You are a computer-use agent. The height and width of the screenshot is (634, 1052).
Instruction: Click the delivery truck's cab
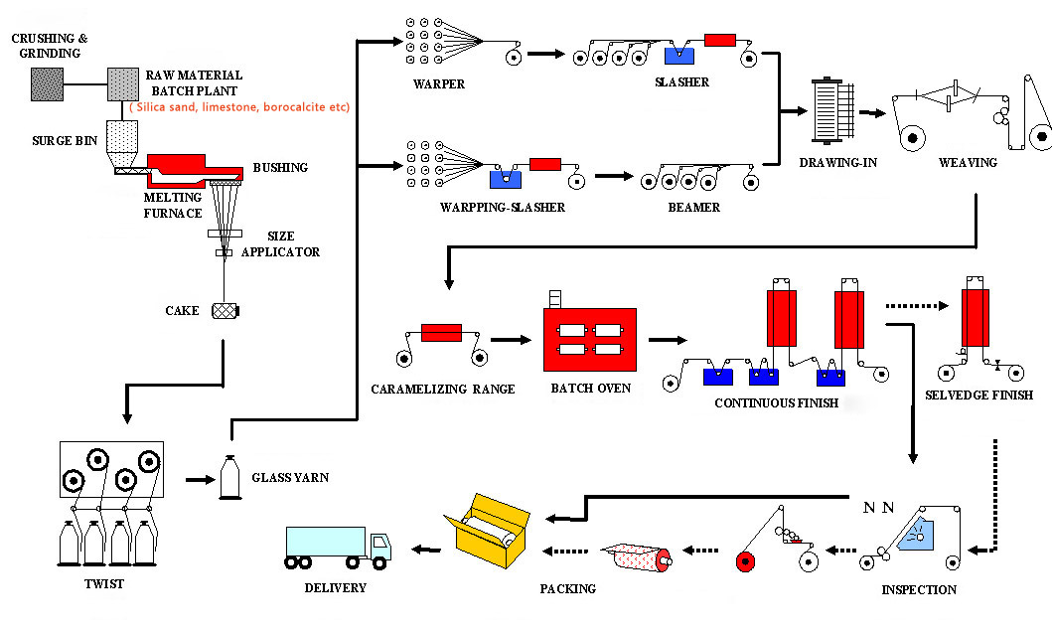379,547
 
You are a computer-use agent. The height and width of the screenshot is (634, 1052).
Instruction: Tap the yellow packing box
487,531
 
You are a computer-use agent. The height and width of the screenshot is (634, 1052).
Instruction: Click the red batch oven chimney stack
555,299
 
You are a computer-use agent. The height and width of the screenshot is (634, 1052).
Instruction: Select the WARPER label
439,83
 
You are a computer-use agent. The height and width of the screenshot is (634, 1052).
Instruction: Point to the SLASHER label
681,81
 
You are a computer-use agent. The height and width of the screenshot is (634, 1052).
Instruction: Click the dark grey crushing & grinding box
48,84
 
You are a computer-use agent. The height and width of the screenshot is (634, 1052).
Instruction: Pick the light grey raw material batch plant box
123,84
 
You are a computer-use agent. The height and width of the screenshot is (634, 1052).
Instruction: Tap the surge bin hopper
122,143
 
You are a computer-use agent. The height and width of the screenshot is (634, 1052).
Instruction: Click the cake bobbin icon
225,311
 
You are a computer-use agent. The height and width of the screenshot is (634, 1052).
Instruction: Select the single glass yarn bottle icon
230,477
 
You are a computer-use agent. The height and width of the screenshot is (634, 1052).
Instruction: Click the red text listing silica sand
239,107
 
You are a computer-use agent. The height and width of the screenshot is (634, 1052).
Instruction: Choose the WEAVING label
968,162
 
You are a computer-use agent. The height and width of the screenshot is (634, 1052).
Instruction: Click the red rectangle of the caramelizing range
441,333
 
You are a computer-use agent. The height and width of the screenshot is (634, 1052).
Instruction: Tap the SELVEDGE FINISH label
978,396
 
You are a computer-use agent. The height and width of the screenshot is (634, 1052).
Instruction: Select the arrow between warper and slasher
546,54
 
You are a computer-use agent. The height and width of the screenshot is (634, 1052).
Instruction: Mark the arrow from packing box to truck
426,550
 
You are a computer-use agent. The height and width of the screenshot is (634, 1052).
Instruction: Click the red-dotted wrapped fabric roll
638,556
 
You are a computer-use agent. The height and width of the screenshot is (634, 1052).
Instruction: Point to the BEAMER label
693,208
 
